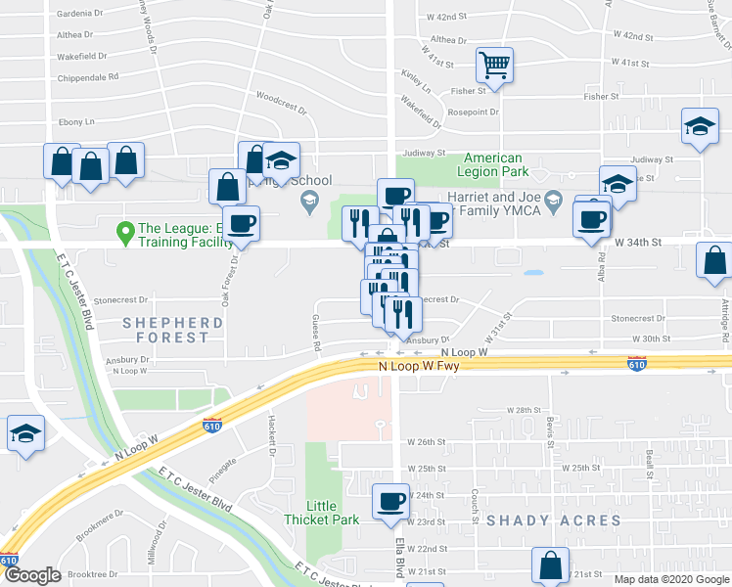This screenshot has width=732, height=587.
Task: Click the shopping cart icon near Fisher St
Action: click(495, 66)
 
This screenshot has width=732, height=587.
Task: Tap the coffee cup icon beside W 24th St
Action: click(391, 502)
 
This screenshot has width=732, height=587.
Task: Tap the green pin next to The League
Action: click(125, 233)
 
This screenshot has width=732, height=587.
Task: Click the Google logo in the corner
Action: click(32, 575)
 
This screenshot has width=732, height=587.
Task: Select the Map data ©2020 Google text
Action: click(670, 579)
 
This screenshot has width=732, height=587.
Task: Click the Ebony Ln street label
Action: click(75, 121)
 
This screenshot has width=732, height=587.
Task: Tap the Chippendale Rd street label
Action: click(87, 75)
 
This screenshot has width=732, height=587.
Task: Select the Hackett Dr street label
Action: click(272, 430)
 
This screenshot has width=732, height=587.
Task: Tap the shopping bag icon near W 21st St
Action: click(550, 565)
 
